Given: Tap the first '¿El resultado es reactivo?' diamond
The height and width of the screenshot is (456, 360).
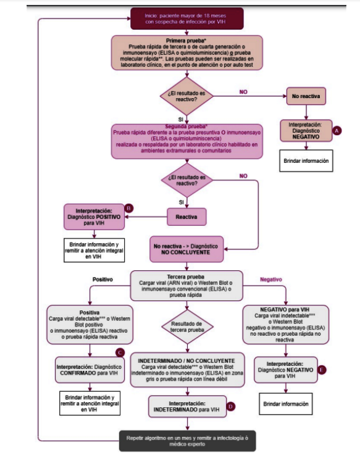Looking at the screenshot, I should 187,95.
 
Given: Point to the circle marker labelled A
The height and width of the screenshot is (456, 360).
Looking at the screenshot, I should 337,131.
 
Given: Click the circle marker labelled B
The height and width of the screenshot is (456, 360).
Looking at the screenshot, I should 128,208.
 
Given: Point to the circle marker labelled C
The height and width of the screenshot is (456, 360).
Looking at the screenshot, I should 121,352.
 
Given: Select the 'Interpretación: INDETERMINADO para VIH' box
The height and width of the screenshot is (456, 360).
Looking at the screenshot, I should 187,405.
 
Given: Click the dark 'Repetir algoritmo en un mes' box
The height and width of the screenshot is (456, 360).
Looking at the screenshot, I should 187,440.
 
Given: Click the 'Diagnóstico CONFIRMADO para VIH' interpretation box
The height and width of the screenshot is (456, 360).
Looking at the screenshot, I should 90,367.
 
